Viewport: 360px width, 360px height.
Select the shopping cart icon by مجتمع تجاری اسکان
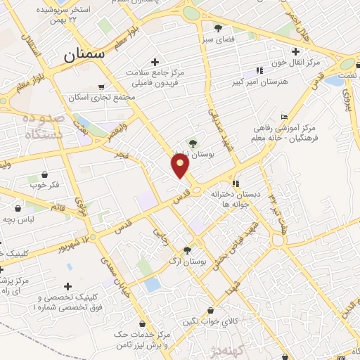103,86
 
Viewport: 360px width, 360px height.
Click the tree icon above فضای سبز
219,29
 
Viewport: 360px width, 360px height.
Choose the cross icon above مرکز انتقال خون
296,51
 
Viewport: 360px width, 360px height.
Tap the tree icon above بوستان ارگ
188,250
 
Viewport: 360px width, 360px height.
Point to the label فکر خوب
44,186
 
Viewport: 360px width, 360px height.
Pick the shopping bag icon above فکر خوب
44,174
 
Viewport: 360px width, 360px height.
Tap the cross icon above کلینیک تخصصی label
67,286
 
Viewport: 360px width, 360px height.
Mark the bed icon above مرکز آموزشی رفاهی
284,117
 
